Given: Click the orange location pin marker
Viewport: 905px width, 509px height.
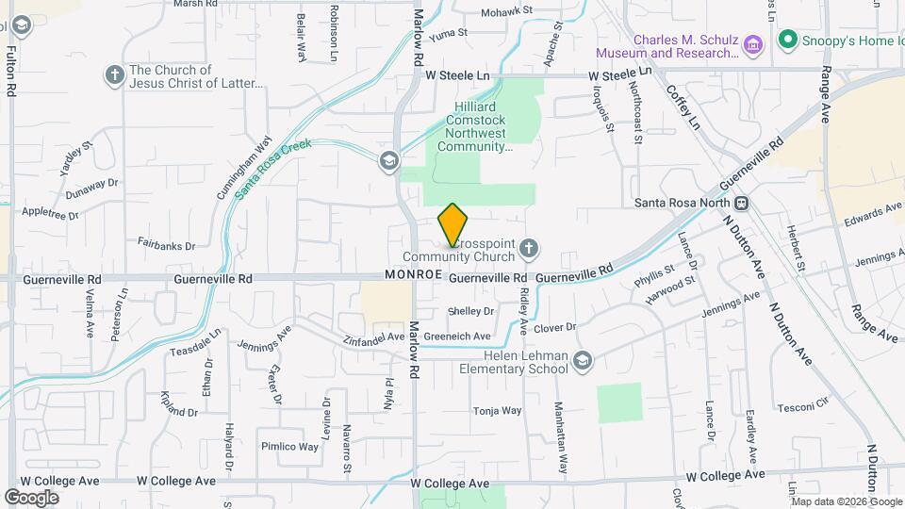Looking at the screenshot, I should (x=453, y=225).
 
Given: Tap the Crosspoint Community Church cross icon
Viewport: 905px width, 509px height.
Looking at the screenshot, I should (x=529, y=250).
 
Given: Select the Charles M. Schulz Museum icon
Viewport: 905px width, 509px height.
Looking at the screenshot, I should (x=752, y=44).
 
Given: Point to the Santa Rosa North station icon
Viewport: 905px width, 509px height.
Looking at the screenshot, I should (x=742, y=203).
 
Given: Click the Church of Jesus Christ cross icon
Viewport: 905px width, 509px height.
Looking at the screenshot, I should (x=115, y=74).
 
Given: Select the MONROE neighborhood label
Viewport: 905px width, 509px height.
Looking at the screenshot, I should (x=414, y=274).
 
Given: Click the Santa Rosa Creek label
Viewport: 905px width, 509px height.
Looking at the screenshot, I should (x=273, y=169).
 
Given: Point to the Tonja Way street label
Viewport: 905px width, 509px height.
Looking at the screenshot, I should (x=497, y=411).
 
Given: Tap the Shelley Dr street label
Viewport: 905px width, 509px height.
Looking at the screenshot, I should (x=471, y=311).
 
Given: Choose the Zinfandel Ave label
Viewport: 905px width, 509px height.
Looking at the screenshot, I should (x=373, y=338).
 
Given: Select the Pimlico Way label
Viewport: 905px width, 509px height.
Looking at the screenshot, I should (x=290, y=447).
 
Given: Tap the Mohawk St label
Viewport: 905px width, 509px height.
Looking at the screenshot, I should (x=507, y=12).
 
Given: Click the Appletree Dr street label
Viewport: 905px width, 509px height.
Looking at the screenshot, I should (x=49, y=214).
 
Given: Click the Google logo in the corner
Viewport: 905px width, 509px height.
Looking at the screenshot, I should (x=32, y=497).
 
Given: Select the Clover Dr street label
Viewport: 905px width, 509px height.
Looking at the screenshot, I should (x=554, y=328).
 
